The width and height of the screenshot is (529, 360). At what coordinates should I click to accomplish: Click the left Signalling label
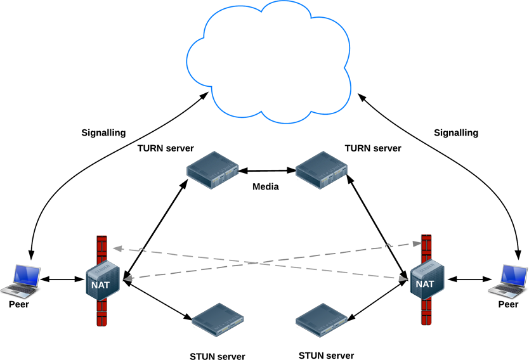pos(104,133)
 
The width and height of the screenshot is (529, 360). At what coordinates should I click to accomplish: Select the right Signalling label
pos(455,133)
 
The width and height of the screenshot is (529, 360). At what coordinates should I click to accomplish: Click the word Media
pos(266,186)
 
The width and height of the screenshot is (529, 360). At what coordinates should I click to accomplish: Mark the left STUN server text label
pos(217,356)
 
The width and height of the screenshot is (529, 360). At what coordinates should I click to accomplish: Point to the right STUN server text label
pos(326,356)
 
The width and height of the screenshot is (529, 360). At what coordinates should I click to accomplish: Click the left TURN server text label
pos(166,148)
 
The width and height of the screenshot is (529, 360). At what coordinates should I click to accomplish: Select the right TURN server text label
pos(373,148)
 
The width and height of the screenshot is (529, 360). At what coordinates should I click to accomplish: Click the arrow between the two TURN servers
pos(266,170)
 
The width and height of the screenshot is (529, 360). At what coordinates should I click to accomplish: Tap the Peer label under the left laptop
pos(19,304)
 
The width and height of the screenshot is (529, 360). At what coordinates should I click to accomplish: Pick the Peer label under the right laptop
pos(508,304)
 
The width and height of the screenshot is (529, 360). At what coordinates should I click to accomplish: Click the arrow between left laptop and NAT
pos(62,279)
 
